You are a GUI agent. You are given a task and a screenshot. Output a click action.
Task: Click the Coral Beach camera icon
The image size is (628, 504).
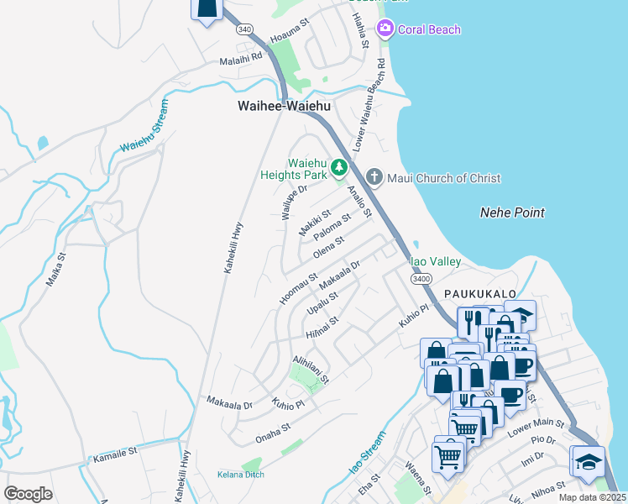(385, 29)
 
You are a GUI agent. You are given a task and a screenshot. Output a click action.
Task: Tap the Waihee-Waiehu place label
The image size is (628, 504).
(285, 107)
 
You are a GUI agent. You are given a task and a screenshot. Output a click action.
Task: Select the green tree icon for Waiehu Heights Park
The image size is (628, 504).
(339, 168)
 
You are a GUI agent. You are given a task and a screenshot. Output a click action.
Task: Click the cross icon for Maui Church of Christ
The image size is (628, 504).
(374, 178)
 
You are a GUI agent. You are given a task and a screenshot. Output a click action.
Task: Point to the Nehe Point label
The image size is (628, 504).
(512, 213)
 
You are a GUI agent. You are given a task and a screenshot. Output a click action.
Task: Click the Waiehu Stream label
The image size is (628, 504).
(144, 127)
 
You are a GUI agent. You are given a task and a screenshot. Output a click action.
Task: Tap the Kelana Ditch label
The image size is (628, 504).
(241, 475)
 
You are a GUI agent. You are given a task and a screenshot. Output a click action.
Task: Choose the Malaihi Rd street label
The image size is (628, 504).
(241, 60)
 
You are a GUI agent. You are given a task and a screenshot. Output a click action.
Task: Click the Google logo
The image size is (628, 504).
(28, 493)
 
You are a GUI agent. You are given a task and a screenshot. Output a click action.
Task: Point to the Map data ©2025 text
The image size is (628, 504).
(592, 497)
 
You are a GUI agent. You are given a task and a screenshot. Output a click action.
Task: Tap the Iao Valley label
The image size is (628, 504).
(435, 262)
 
